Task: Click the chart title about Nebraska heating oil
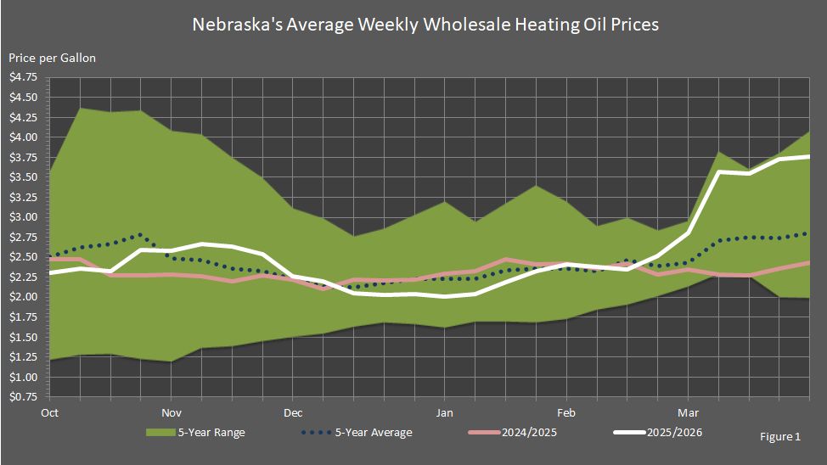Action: click(413, 24)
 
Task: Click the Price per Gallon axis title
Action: click(52, 58)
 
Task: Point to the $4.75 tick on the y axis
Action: click(23, 77)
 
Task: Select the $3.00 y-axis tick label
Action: click(23, 217)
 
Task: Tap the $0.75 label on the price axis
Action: click(23, 396)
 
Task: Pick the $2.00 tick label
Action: click(23, 297)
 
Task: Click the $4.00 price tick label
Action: click(23, 137)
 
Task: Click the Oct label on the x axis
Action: click(49, 413)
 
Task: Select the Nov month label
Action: click(172, 413)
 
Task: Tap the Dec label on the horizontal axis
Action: click(293, 413)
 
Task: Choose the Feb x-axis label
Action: click(565, 413)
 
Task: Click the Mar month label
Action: click(688, 413)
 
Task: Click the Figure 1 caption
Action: click(780, 437)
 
